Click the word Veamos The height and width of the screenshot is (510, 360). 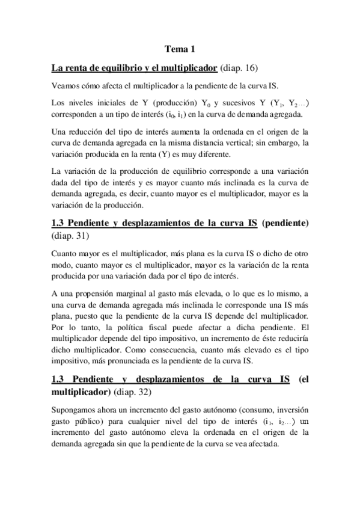66,84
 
